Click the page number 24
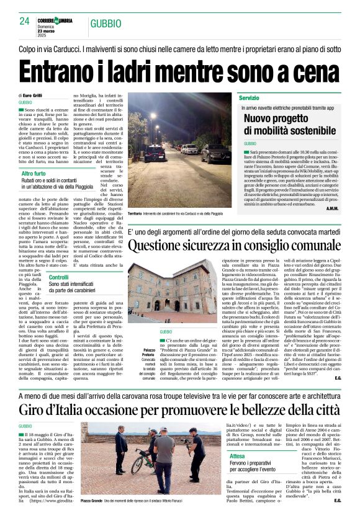click(24, 21)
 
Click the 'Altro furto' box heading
click(34, 174)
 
